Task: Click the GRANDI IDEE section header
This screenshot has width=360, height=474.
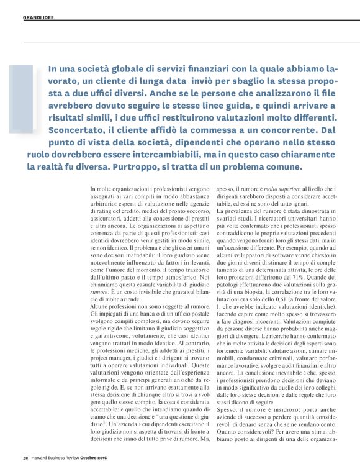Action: point(37,17)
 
